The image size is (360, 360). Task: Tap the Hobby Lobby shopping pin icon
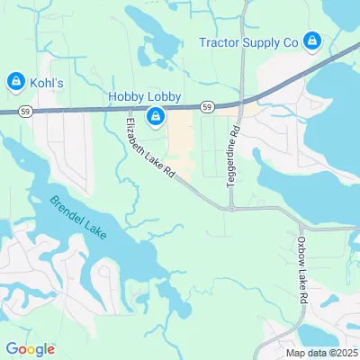[157, 116]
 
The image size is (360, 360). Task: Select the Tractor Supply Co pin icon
[311, 40]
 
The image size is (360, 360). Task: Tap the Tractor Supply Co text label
[248, 40]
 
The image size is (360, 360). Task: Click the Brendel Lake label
[78, 218]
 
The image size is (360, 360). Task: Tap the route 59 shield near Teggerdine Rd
[208, 107]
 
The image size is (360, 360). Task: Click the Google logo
[30, 349]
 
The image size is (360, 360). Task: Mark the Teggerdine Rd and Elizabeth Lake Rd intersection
[230, 207]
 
